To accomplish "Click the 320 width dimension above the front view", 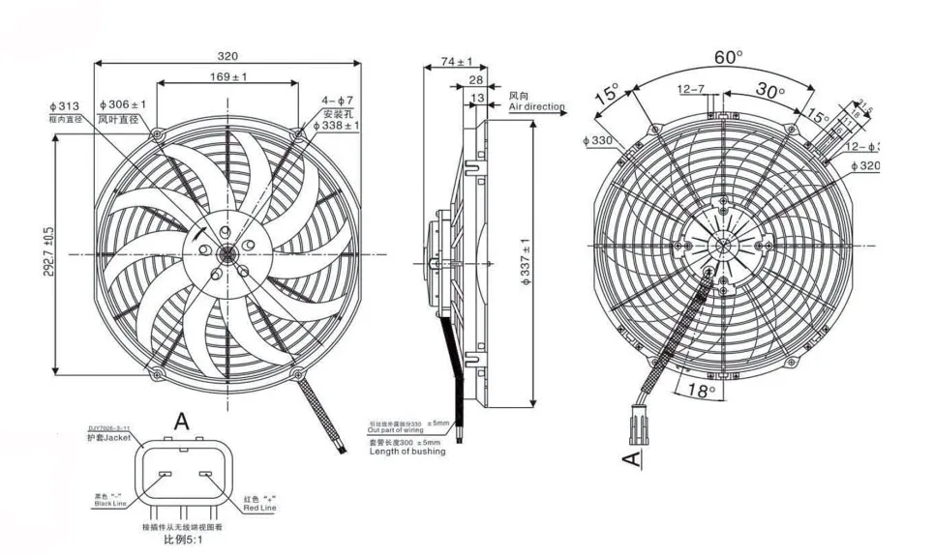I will [227, 56].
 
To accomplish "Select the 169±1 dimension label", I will [228, 76].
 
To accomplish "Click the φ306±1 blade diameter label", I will [122, 104].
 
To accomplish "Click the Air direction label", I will [537, 107].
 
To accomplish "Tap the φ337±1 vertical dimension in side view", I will [526, 261].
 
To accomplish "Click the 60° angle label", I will [728, 57].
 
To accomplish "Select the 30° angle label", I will [769, 91].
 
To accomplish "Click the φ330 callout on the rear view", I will [598, 141].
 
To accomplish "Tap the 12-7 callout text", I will [691, 90].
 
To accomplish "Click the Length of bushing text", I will [407, 452].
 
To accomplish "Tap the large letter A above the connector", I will [181, 422].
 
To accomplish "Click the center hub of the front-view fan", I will [226, 254].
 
